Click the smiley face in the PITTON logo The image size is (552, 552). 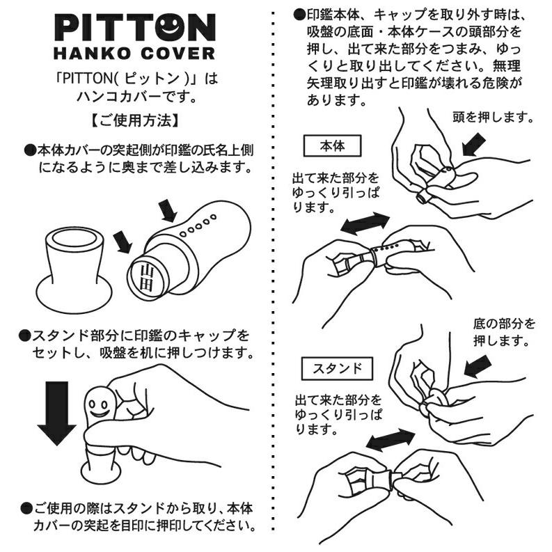(x=170, y=26)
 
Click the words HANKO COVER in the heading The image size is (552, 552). (x=134, y=53)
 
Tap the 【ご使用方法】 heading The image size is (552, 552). (x=135, y=120)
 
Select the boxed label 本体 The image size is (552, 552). (x=332, y=145)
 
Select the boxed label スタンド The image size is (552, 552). (x=337, y=369)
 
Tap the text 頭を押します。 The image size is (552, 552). (x=493, y=117)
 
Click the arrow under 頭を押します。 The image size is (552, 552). (x=474, y=145)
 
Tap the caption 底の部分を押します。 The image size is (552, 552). (x=504, y=332)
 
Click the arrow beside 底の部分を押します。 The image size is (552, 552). (x=478, y=366)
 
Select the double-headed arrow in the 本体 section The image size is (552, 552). (x=365, y=223)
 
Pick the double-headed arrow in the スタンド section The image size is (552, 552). (x=390, y=440)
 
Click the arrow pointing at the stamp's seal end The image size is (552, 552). (x=123, y=242)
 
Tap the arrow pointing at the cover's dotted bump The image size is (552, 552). (x=168, y=211)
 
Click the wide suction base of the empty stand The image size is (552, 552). (x=74, y=299)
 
